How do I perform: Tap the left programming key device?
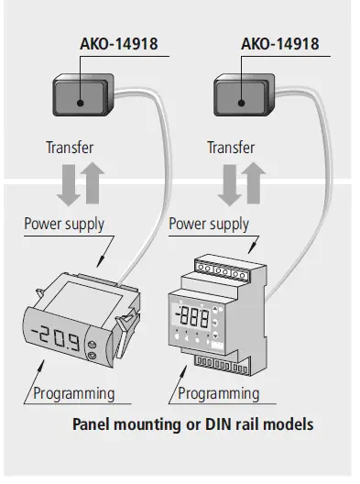click(x=80, y=95)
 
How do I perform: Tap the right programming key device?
click(x=241, y=95)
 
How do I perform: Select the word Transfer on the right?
click(x=230, y=148)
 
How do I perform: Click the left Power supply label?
click(x=64, y=223)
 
